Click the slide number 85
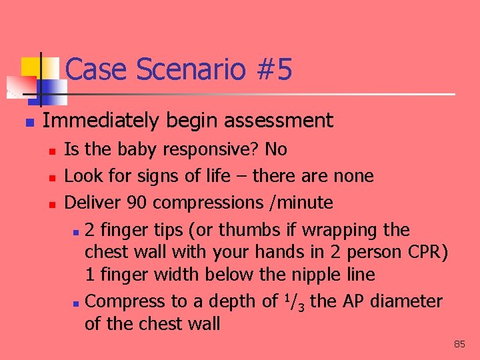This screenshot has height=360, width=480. coord(459,344)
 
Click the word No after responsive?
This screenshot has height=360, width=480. coord(276,149)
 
